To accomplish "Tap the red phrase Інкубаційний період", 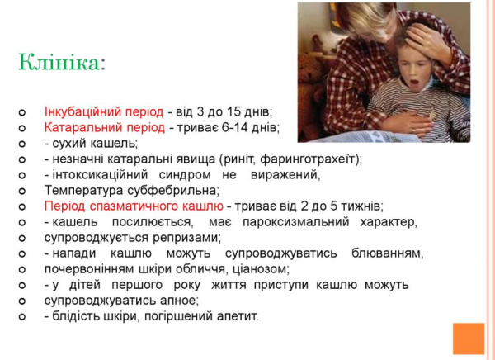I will coord(104,111).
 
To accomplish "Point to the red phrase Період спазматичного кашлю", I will coord(133,206).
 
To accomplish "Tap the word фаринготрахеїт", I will coord(318,159).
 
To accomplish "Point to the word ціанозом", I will coord(259,268).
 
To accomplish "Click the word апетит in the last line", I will coord(235,315).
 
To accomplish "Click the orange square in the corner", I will coord(469,338).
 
